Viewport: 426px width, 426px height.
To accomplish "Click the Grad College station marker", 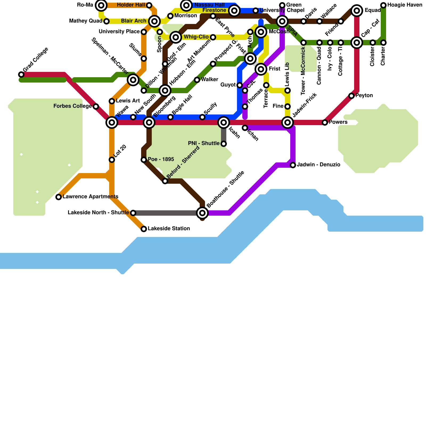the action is pos(21,75).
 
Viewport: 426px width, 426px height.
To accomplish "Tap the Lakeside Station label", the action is pos(169,229).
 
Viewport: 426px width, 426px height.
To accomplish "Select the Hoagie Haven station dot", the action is pos(383,5).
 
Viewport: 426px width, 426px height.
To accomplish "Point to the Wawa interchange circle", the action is pos(112,122).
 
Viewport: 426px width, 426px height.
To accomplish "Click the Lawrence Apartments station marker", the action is pos(59,197).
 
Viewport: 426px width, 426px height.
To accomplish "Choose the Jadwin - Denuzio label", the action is pos(318,165).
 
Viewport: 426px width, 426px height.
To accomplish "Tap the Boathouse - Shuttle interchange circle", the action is pos(202,213).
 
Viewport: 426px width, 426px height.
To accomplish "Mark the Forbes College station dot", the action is pos(96,106).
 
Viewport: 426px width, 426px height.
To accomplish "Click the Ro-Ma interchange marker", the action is pos(101,5).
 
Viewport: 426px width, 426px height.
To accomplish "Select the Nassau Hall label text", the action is pos(210,5).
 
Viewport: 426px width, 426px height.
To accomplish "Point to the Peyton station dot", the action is pos(351,96).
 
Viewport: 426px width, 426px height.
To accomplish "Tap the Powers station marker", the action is pos(325,122).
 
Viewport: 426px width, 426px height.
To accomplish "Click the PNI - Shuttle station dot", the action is pos(224,144).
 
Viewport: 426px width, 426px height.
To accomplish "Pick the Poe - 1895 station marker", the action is pos(144,160).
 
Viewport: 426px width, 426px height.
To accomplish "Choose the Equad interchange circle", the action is pos(357,11).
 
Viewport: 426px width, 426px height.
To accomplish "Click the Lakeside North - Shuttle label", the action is pos(98,213).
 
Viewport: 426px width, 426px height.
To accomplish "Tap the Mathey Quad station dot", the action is pos(106,21).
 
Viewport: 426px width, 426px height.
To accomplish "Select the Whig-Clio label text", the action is pos(196,37).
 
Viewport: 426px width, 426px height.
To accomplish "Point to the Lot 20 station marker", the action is pos(112,160).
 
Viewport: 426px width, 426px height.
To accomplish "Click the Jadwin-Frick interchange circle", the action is pos(288,122).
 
